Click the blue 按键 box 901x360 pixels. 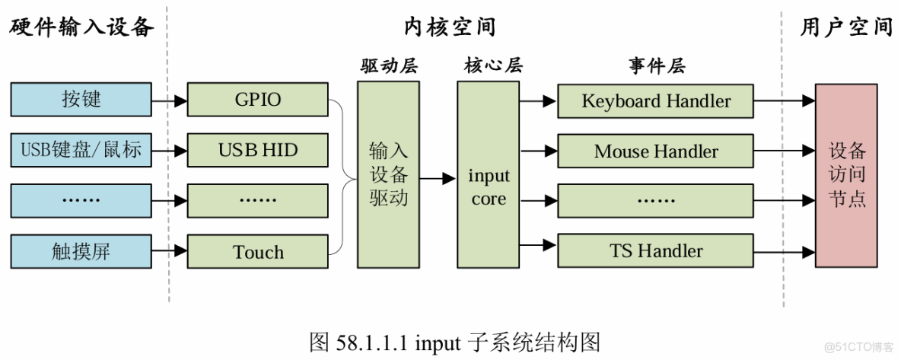[x=81, y=100]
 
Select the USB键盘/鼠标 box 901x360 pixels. [x=81, y=150]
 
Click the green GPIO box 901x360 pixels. [x=258, y=100]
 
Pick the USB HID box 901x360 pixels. [x=258, y=150]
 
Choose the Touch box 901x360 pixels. [x=258, y=252]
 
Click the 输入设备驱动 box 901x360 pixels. [x=388, y=174]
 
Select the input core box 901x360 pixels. [x=488, y=174]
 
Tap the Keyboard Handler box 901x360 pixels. [x=656, y=100]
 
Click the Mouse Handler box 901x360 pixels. [x=656, y=151]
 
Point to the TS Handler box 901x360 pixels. [x=656, y=250]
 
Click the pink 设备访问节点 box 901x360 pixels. [x=846, y=175]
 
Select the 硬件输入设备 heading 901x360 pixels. [x=81, y=27]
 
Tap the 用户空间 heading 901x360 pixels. [x=846, y=27]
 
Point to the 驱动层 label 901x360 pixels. [x=388, y=67]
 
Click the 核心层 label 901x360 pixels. [x=488, y=67]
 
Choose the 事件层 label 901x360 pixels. [x=656, y=67]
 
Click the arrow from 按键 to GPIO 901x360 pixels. [x=169, y=100]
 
